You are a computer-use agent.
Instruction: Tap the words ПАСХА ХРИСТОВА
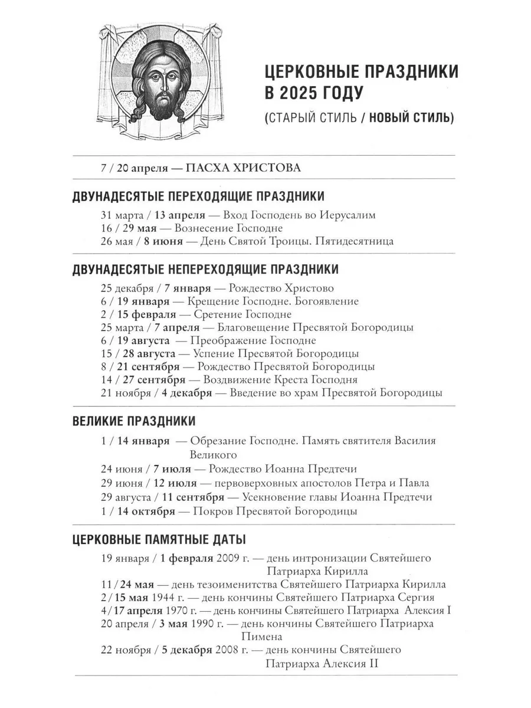pyautogui.click(x=243, y=168)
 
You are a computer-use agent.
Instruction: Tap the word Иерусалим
pyautogui.click(x=349, y=215)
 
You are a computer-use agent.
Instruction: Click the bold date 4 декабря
pyautogui.click(x=188, y=392)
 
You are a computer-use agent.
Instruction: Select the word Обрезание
pyautogui.click(x=217, y=441)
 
